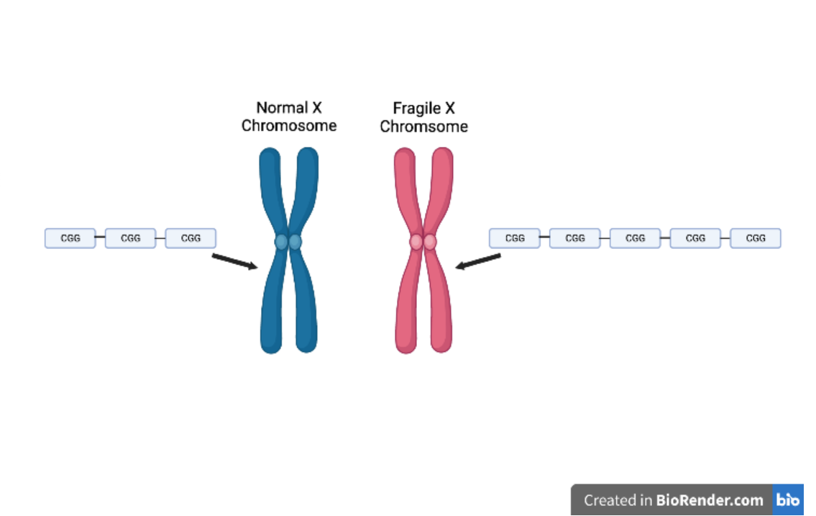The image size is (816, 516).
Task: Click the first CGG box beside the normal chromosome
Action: pyautogui.click(x=70, y=238)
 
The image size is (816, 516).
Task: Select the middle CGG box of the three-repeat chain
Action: pyautogui.click(x=130, y=238)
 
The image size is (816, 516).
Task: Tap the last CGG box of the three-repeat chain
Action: pyautogui.click(x=191, y=238)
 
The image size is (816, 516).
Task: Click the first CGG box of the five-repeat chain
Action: pyautogui.click(x=515, y=238)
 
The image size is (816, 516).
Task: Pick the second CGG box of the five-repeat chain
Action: pyautogui.click(x=575, y=238)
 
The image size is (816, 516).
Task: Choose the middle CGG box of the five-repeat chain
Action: pyautogui.click(x=635, y=238)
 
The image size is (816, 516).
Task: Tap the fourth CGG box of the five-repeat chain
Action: pyautogui.click(x=695, y=238)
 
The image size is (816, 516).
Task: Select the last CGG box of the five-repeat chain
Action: pyautogui.click(x=756, y=238)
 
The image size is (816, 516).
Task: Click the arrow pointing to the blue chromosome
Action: pyautogui.click(x=234, y=261)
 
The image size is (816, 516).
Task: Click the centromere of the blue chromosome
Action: pyautogui.click(x=288, y=242)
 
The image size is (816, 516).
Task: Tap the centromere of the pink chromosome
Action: pyautogui.click(x=423, y=242)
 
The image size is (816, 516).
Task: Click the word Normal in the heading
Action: pyautogui.click(x=280, y=108)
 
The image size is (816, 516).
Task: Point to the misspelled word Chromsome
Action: pyautogui.click(x=423, y=127)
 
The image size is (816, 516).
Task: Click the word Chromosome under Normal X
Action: pyautogui.click(x=288, y=126)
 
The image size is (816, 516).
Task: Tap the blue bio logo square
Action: pyautogui.click(x=788, y=500)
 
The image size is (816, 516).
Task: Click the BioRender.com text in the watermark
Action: pyautogui.click(x=709, y=500)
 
